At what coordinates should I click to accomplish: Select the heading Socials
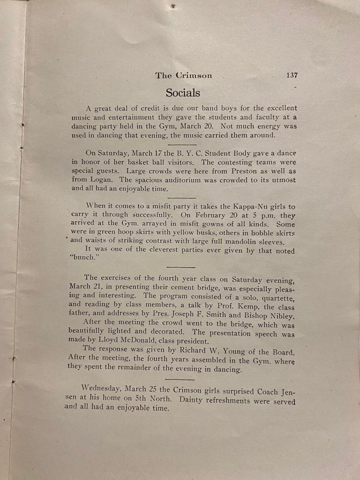coord(183,92)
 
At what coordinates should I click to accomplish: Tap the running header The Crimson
coord(184,75)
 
